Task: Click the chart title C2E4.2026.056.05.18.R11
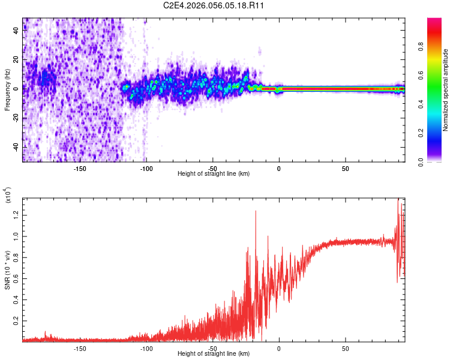(x=214, y=5)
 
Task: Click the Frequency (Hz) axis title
(x=8, y=90)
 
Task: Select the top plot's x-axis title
(x=214, y=174)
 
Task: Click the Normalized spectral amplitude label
(x=446, y=91)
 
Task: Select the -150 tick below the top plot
(x=80, y=169)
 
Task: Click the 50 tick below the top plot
(x=345, y=169)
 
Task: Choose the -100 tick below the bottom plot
(x=146, y=348)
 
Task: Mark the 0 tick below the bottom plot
(x=278, y=348)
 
